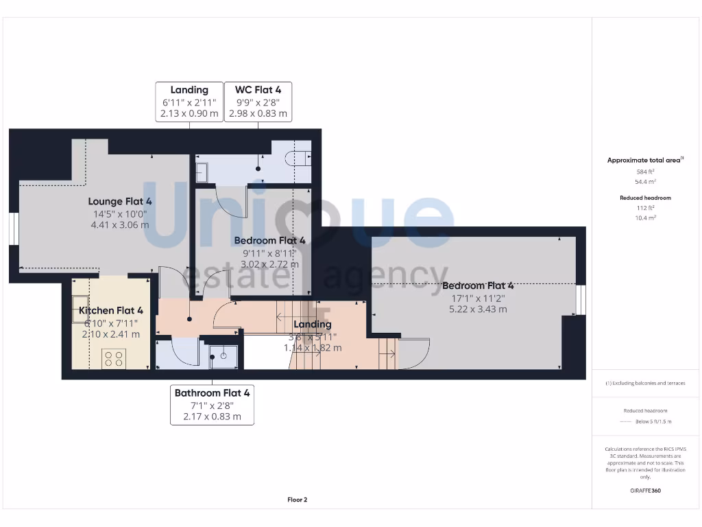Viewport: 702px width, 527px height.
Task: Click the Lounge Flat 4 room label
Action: (x=120, y=201)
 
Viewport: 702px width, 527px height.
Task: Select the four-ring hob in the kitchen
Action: (x=113, y=358)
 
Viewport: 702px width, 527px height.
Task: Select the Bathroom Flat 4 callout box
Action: (x=212, y=404)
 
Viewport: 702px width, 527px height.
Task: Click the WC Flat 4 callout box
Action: (x=258, y=102)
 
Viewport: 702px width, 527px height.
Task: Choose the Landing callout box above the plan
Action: (x=189, y=102)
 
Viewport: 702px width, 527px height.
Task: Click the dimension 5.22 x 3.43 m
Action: (x=478, y=309)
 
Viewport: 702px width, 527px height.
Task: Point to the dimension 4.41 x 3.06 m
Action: (x=120, y=224)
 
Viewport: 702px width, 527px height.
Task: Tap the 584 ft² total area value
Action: (x=646, y=172)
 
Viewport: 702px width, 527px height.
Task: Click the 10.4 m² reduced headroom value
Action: (x=646, y=217)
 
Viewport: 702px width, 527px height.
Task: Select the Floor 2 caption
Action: (x=297, y=500)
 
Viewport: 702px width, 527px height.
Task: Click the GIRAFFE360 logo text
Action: (x=646, y=491)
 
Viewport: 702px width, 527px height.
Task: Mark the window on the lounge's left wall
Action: (x=14, y=229)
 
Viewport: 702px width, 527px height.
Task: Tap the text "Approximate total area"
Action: (x=643, y=160)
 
